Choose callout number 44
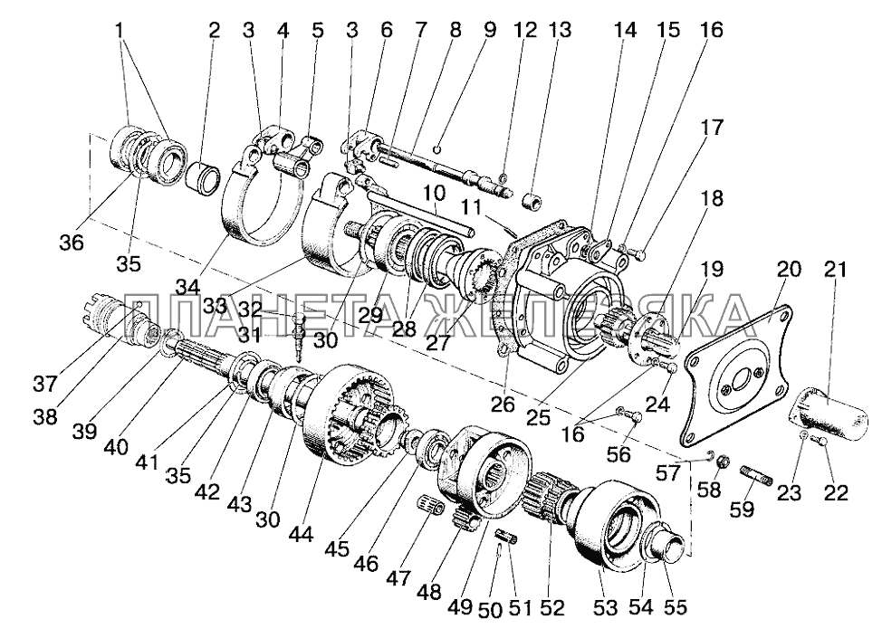click(x=301, y=535)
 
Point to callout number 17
click(x=711, y=129)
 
